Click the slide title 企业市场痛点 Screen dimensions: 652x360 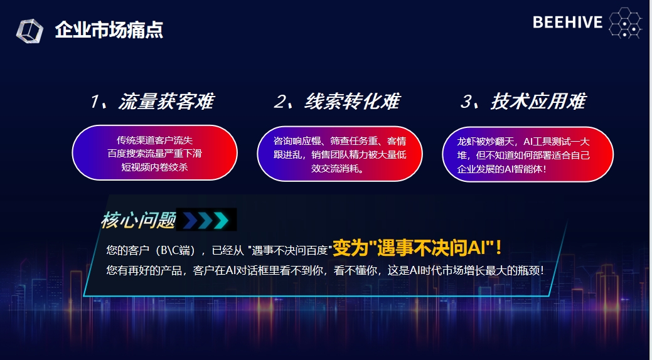[109, 30]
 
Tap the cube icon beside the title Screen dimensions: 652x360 [29, 31]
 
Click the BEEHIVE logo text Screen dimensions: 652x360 [567, 23]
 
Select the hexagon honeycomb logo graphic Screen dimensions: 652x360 [626, 23]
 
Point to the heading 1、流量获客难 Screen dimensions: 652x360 [152, 102]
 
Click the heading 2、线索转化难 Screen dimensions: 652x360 [337, 102]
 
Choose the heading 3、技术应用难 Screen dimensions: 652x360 [523, 102]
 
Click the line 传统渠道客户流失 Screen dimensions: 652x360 [154, 140]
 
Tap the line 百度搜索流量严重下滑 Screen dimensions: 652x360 [154, 154]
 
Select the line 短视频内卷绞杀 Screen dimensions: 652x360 [154, 167]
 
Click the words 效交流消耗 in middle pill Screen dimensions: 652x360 [335, 168]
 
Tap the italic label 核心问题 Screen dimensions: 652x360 [138, 220]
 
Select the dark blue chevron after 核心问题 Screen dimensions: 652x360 [190, 220]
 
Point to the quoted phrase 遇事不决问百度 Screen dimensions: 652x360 [290, 250]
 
